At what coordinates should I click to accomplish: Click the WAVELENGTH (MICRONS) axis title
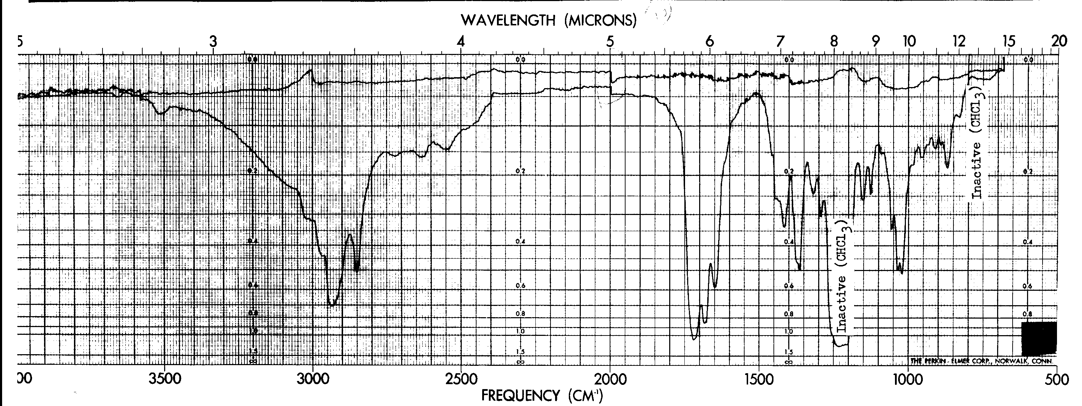coord(548,20)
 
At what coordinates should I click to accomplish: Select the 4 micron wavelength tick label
coord(461,42)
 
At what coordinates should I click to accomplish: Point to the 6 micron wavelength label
coord(710,42)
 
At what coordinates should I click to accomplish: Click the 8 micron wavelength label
coord(834,42)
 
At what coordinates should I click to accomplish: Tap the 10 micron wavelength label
coord(909,42)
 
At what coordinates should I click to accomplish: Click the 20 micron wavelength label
coord(1058,42)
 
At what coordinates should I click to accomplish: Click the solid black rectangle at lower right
coord(1039,338)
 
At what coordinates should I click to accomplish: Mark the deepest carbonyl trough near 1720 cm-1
coord(694,338)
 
